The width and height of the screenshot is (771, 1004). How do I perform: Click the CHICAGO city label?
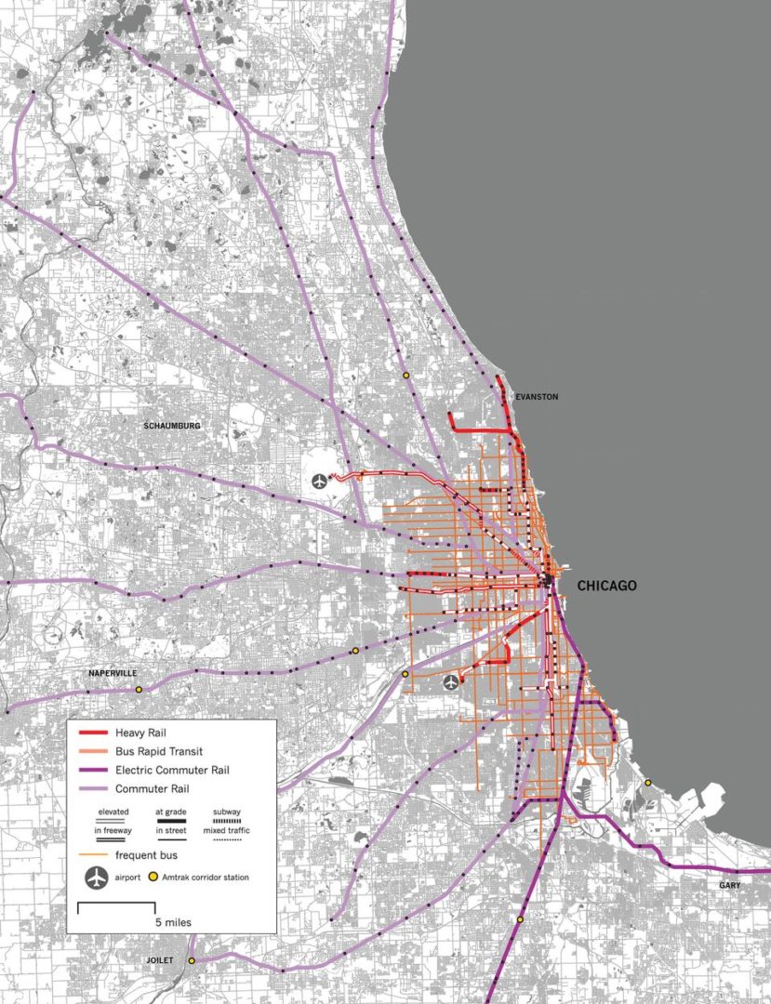click(x=606, y=586)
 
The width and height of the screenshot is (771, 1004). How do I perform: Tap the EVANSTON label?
click(x=537, y=397)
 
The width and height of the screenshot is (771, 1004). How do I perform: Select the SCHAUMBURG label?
click(x=172, y=426)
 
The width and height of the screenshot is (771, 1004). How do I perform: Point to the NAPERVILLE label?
click(x=113, y=672)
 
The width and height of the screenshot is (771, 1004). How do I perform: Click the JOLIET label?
click(x=160, y=959)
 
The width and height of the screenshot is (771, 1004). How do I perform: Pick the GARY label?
click(x=729, y=885)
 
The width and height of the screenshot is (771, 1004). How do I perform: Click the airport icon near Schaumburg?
click(x=320, y=482)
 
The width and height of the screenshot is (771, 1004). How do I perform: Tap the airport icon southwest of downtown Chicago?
click(x=451, y=683)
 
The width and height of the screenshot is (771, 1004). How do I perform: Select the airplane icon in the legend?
click(x=96, y=876)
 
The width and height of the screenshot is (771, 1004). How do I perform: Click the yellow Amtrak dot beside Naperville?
click(x=140, y=690)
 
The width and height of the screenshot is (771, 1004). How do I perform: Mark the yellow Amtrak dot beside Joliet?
click(x=193, y=960)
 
